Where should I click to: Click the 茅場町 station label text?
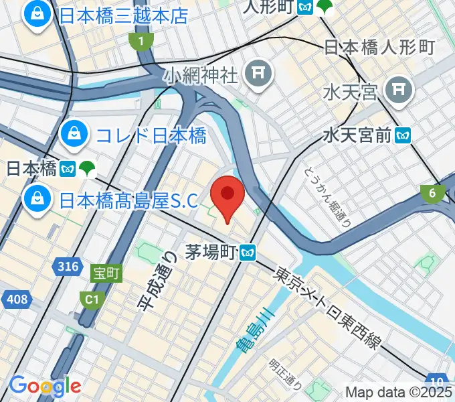(x=211, y=252)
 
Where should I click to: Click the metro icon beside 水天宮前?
(x=402, y=136)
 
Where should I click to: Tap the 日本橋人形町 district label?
(x=379, y=47)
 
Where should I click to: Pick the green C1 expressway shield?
(x=91, y=297)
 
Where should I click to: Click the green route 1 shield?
(x=141, y=42)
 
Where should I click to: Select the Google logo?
(x=44, y=385)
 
